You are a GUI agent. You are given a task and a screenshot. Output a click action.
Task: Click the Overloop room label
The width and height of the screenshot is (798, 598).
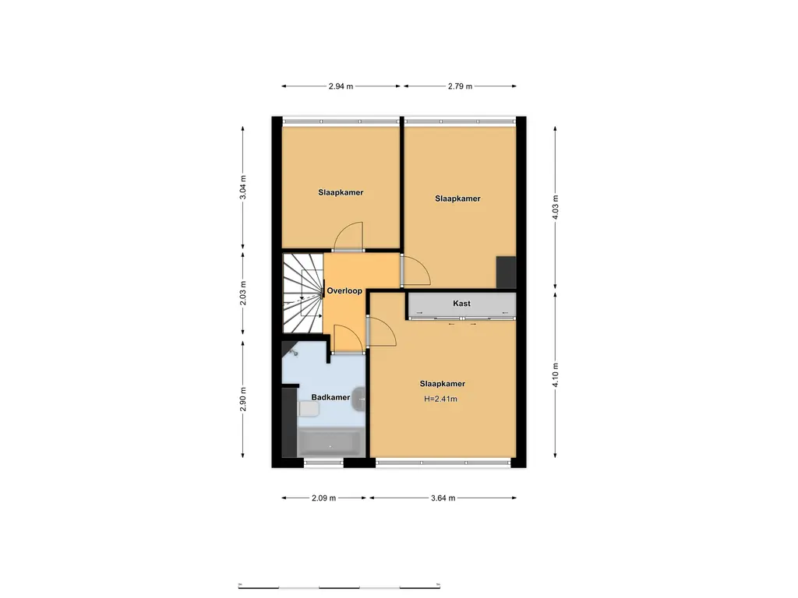344,291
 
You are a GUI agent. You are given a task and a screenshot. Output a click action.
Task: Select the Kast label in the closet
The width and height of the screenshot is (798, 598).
461,303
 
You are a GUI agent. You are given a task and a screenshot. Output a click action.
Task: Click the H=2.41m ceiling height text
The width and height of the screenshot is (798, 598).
440,399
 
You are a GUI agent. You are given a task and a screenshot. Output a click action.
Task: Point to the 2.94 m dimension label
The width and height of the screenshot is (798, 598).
341,86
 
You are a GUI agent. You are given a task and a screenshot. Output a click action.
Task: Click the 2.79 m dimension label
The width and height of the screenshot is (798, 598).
460,86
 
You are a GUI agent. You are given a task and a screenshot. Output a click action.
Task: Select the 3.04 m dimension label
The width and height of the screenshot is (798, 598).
243,186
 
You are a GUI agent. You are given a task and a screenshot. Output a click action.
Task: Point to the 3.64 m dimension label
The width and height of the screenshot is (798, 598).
442,498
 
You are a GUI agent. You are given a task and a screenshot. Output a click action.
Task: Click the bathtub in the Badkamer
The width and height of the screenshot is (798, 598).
329,443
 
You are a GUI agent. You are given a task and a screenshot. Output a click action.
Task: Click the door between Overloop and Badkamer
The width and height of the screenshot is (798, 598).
347,339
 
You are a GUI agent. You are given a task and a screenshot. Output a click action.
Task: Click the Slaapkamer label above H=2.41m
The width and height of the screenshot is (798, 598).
442,384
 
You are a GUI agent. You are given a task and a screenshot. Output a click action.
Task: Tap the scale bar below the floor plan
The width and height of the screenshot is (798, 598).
341,586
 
